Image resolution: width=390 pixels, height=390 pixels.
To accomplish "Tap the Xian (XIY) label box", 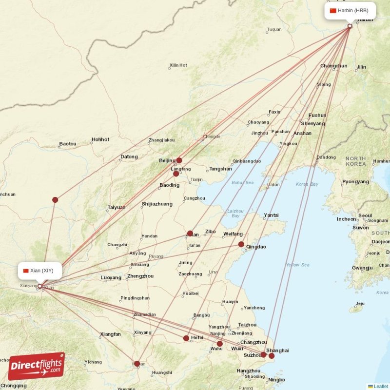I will (40, 270).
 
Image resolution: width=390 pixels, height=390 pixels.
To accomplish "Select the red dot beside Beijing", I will (179, 160).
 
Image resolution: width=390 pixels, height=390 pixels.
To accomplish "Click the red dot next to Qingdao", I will (241, 244).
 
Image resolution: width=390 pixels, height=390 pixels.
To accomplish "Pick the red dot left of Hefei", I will (186, 338).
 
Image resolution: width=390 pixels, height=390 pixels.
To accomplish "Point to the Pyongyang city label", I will (355, 182).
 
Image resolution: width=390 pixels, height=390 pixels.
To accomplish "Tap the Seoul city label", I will (365, 215).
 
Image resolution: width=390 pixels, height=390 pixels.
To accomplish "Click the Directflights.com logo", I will (37, 366).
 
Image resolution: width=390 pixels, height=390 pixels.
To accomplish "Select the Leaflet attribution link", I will (380, 386).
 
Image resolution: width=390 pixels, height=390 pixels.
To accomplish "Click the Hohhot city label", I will (100, 140).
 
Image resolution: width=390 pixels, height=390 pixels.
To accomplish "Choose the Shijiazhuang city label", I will (157, 204).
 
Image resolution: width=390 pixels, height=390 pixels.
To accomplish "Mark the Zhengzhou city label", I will (140, 276).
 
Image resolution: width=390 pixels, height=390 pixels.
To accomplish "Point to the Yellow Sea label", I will (297, 265).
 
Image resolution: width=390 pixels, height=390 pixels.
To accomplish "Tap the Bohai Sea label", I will (243, 183).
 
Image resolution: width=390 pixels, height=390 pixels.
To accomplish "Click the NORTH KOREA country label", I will (355, 161).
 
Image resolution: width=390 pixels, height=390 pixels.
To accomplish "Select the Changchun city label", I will (334, 66).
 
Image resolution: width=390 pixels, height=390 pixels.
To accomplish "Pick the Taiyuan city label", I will (117, 208).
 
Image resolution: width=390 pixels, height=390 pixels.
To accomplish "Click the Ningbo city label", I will (276, 380).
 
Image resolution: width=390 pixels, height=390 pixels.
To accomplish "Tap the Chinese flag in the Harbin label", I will (333, 11).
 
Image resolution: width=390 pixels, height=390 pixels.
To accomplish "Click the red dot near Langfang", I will (176, 174).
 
